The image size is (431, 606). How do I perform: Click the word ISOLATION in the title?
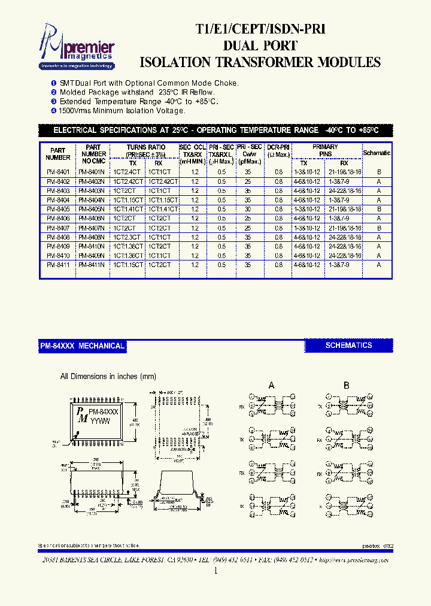(x=174, y=62)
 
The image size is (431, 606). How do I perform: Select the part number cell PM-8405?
(x=58, y=209)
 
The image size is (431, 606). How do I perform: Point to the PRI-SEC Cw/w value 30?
(x=247, y=209)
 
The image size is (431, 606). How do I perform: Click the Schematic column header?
(x=377, y=153)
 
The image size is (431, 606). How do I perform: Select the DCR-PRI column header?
(x=278, y=151)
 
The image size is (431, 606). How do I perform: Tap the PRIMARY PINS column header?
(x=325, y=150)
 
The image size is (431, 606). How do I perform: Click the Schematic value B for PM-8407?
(x=378, y=228)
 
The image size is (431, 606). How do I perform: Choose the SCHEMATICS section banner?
(x=348, y=346)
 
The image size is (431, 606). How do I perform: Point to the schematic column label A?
(x=271, y=386)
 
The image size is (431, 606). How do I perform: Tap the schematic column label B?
(x=346, y=386)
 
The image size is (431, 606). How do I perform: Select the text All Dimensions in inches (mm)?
(x=108, y=377)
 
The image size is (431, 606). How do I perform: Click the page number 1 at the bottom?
(x=215, y=571)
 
